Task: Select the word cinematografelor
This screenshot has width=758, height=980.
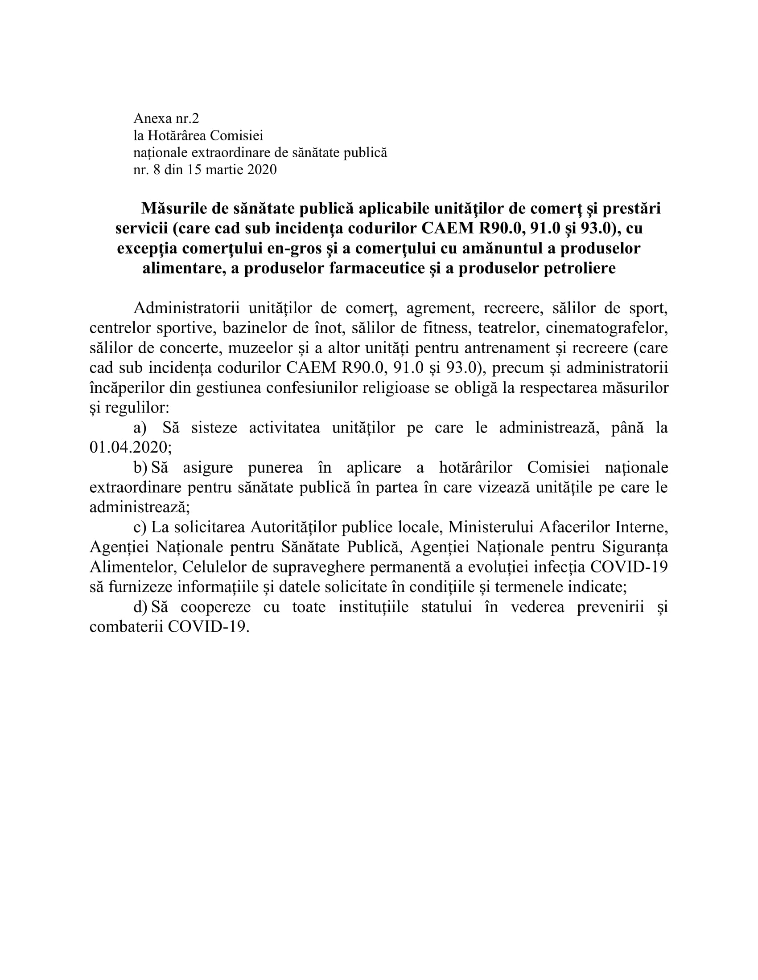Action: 607,328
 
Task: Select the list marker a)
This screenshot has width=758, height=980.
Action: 140,428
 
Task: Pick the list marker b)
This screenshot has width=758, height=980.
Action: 140,468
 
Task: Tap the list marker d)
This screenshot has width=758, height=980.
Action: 140,607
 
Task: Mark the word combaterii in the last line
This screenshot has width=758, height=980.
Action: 127,627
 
